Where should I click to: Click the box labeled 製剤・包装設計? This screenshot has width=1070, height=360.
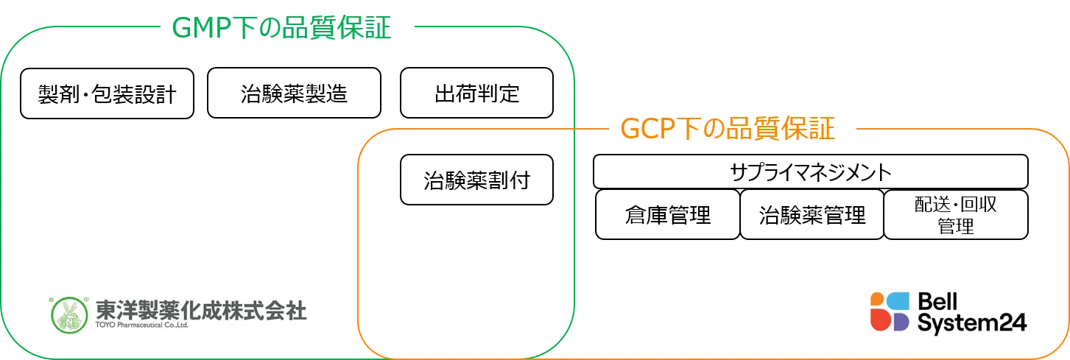pyautogui.click(x=107, y=93)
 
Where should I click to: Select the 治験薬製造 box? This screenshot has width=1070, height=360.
pyautogui.click(x=295, y=93)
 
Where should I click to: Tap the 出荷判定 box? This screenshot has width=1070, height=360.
pyautogui.click(x=476, y=93)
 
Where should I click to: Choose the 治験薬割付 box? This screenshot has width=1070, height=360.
pyautogui.click(x=476, y=180)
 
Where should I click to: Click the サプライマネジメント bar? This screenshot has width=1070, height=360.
pyautogui.click(x=811, y=172)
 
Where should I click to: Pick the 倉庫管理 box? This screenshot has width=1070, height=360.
pyautogui.click(x=668, y=214)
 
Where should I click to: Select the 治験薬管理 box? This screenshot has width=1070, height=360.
pyautogui.click(x=812, y=214)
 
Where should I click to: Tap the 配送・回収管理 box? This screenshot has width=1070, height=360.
pyautogui.click(x=956, y=214)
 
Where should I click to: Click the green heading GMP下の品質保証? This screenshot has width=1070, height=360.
pyautogui.click(x=282, y=27)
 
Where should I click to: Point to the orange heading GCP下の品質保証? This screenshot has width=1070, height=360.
pyautogui.click(x=728, y=128)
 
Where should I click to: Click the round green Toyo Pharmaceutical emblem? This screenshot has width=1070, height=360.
pyautogui.click(x=69, y=315)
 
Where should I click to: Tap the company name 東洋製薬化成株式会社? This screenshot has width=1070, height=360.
pyautogui.click(x=201, y=310)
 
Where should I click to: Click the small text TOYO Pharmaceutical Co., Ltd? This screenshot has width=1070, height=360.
pyautogui.click(x=142, y=325)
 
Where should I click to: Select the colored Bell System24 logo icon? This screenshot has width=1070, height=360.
pyautogui.click(x=890, y=311)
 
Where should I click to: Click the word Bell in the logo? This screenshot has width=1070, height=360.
pyautogui.click(x=937, y=302)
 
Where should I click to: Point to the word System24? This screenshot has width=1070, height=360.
pyautogui.click(x=971, y=323)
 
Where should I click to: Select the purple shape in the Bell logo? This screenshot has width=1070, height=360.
pyautogui.click(x=901, y=322)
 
